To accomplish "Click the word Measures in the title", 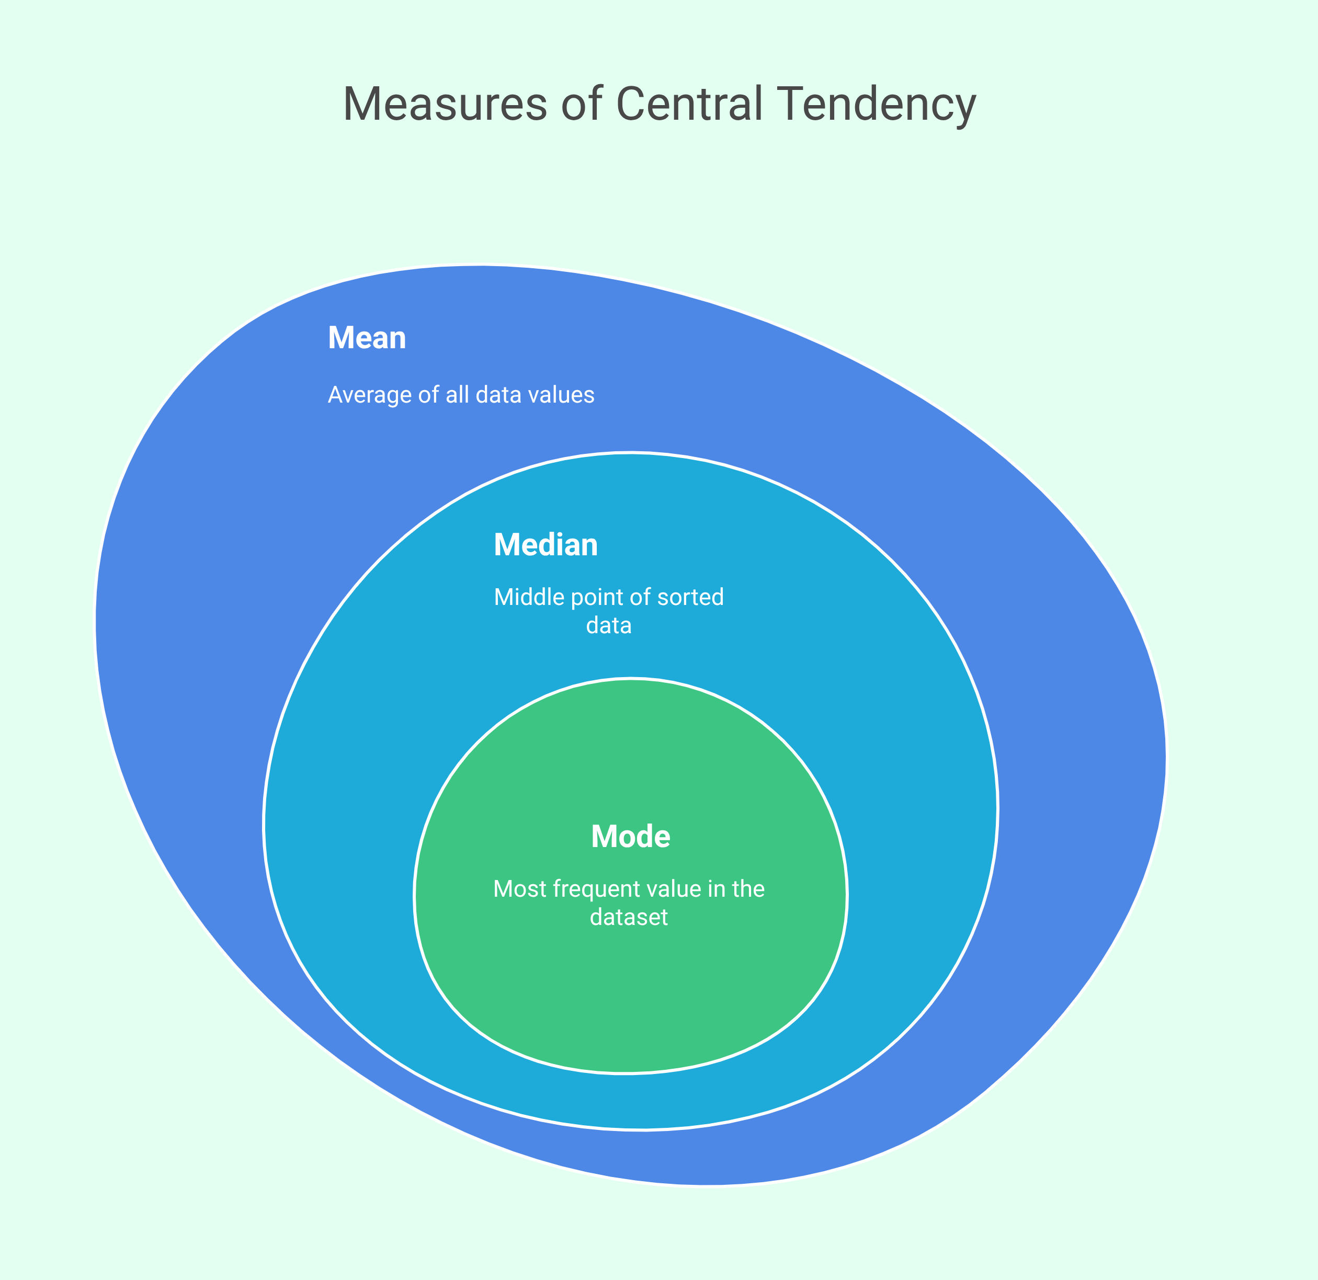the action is coord(445,105).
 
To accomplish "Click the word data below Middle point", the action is coord(609,626).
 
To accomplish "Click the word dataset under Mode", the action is coord(629,918).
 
